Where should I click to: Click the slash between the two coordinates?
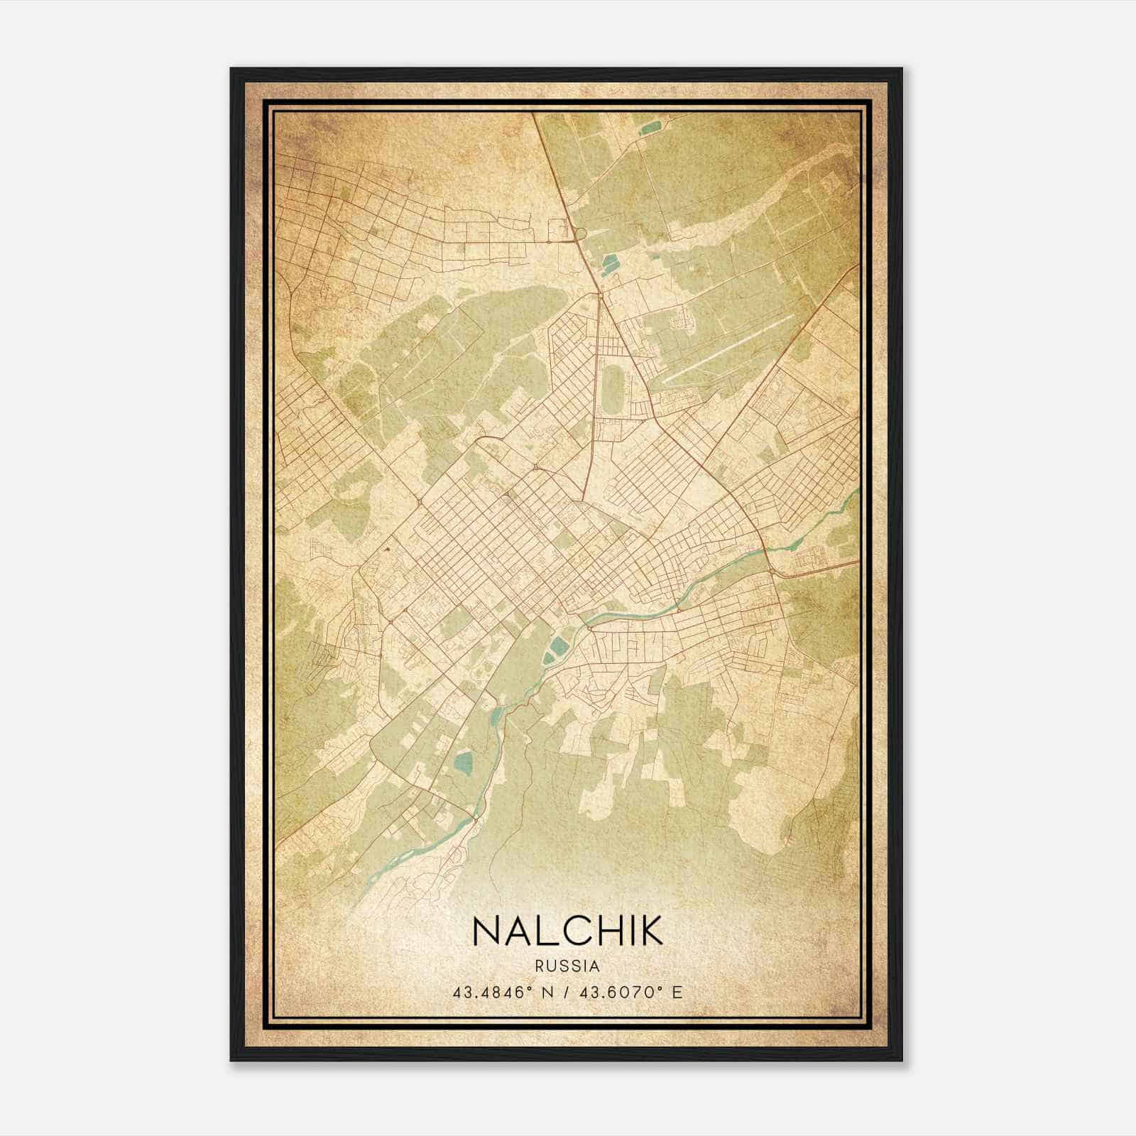pyautogui.click(x=567, y=992)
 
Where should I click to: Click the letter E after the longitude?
pyautogui.click(x=677, y=992)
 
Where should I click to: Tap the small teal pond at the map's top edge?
pyautogui.click(x=650, y=129)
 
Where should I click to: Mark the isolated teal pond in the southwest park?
pyautogui.click(x=463, y=765)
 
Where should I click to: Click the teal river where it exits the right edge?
pyautogui.click(x=854, y=493)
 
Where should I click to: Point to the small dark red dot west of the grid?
pyautogui.click(x=388, y=548)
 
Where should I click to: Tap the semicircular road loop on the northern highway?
pyautogui.click(x=579, y=232)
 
